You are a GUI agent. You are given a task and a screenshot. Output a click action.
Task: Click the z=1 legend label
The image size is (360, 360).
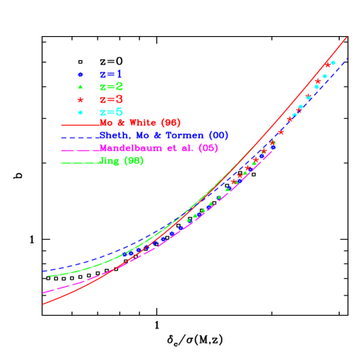(x=111, y=74)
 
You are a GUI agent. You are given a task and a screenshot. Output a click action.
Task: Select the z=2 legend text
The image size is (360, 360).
(x=111, y=86)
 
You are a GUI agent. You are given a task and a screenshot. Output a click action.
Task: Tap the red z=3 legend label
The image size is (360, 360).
(x=111, y=99)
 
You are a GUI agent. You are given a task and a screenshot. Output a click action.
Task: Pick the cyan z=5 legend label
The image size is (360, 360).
(x=111, y=111)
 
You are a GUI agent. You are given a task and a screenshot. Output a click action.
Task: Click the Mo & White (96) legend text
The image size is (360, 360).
(x=140, y=123)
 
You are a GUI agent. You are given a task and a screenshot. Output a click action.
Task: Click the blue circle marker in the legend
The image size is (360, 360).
(x=80, y=74)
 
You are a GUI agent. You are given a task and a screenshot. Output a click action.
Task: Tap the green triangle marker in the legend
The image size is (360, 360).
(x=80, y=86)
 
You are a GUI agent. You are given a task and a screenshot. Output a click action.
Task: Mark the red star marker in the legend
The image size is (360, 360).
(x=80, y=99)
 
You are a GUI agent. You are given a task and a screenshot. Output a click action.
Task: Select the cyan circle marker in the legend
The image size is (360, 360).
(x=80, y=111)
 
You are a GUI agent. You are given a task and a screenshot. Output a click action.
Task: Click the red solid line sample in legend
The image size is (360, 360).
(x=80, y=123)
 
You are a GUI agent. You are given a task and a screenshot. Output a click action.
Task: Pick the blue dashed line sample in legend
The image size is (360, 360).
(x=80, y=136)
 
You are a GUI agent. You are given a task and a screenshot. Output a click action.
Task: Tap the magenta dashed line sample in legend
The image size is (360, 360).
(x=80, y=149)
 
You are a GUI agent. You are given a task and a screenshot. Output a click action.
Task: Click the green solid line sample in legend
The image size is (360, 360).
(x=80, y=161)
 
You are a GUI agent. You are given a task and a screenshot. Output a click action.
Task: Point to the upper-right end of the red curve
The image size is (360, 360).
(x=346, y=37)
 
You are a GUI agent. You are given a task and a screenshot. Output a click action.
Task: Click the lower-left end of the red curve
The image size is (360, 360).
(x=43, y=304)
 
